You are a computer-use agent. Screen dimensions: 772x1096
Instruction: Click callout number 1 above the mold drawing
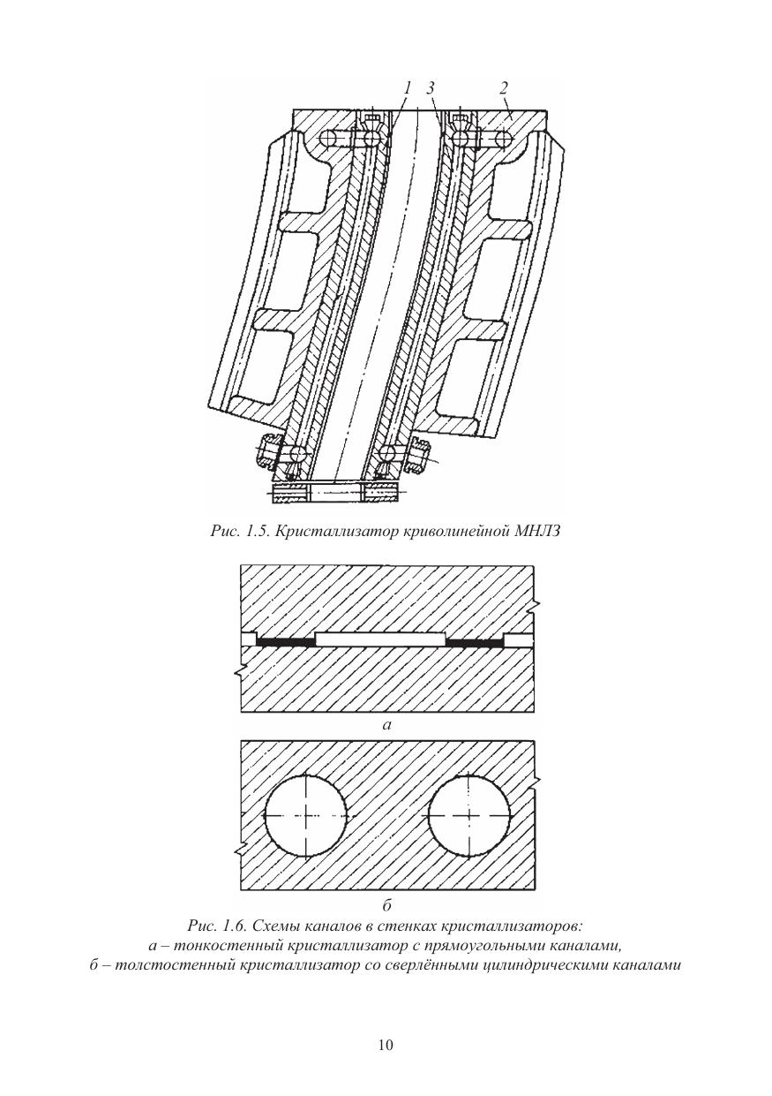click(x=407, y=87)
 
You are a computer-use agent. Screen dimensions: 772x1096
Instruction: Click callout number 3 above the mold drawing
click(x=431, y=87)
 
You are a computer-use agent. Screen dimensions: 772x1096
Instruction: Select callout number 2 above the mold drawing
click(x=503, y=87)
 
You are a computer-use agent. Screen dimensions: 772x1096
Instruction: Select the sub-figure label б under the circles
click(x=386, y=906)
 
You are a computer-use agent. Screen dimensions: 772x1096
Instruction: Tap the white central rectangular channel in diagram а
click(x=381, y=638)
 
